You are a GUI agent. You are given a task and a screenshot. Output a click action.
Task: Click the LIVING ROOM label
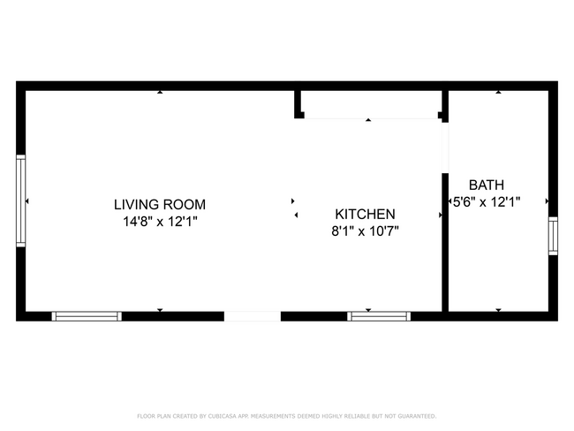click(160, 205)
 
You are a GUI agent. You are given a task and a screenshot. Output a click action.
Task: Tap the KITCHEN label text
click(365, 214)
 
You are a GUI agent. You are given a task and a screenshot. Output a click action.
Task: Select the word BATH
click(486, 185)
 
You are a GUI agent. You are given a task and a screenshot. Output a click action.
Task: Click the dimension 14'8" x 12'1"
click(160, 223)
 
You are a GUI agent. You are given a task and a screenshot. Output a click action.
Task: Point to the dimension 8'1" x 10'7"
click(365, 231)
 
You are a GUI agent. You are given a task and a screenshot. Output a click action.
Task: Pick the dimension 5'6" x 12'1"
click(486, 202)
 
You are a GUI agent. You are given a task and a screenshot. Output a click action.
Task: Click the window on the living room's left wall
click(21, 201)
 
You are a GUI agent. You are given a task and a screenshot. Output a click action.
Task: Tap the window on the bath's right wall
click(553, 236)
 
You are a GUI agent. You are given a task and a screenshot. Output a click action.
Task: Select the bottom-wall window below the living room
click(87, 315)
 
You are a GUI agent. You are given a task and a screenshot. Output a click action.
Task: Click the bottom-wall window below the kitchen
click(379, 315)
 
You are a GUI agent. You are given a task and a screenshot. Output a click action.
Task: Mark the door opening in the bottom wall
click(252, 315)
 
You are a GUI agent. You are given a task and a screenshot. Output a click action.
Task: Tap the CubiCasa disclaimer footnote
click(286, 416)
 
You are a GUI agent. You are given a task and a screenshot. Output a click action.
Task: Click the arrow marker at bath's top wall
click(499, 92)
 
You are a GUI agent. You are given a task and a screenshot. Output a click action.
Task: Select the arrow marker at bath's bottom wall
click(499, 310)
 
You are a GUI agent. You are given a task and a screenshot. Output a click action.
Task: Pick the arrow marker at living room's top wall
click(160, 92)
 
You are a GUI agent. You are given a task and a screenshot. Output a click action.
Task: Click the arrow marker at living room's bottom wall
click(160, 310)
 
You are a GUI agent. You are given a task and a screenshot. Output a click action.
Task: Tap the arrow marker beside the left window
click(28, 201)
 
